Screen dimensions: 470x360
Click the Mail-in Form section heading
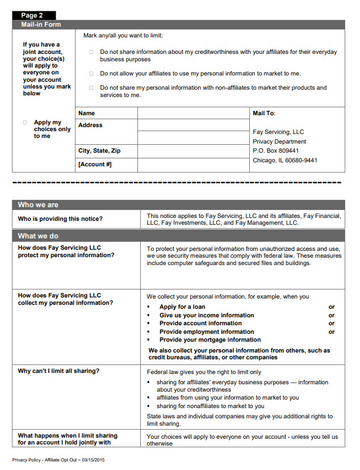[x=41, y=24]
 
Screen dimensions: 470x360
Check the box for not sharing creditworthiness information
[x=91, y=52]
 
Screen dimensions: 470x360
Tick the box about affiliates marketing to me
[x=91, y=73]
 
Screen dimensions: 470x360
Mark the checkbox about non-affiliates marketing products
[x=91, y=87]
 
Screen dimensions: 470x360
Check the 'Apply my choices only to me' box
[x=25, y=123]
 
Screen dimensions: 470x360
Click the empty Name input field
[x=193, y=114]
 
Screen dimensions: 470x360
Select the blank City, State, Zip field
[x=193, y=151]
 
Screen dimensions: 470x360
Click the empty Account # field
[x=193, y=165]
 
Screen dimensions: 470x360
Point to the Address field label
[x=90, y=125]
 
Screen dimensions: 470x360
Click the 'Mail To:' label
[x=263, y=114]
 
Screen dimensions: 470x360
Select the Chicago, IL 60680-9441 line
[x=284, y=160]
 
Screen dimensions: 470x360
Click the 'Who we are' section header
[x=38, y=205]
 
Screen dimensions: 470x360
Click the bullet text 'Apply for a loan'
[x=182, y=307]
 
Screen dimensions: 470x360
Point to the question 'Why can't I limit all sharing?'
[x=58, y=371]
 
